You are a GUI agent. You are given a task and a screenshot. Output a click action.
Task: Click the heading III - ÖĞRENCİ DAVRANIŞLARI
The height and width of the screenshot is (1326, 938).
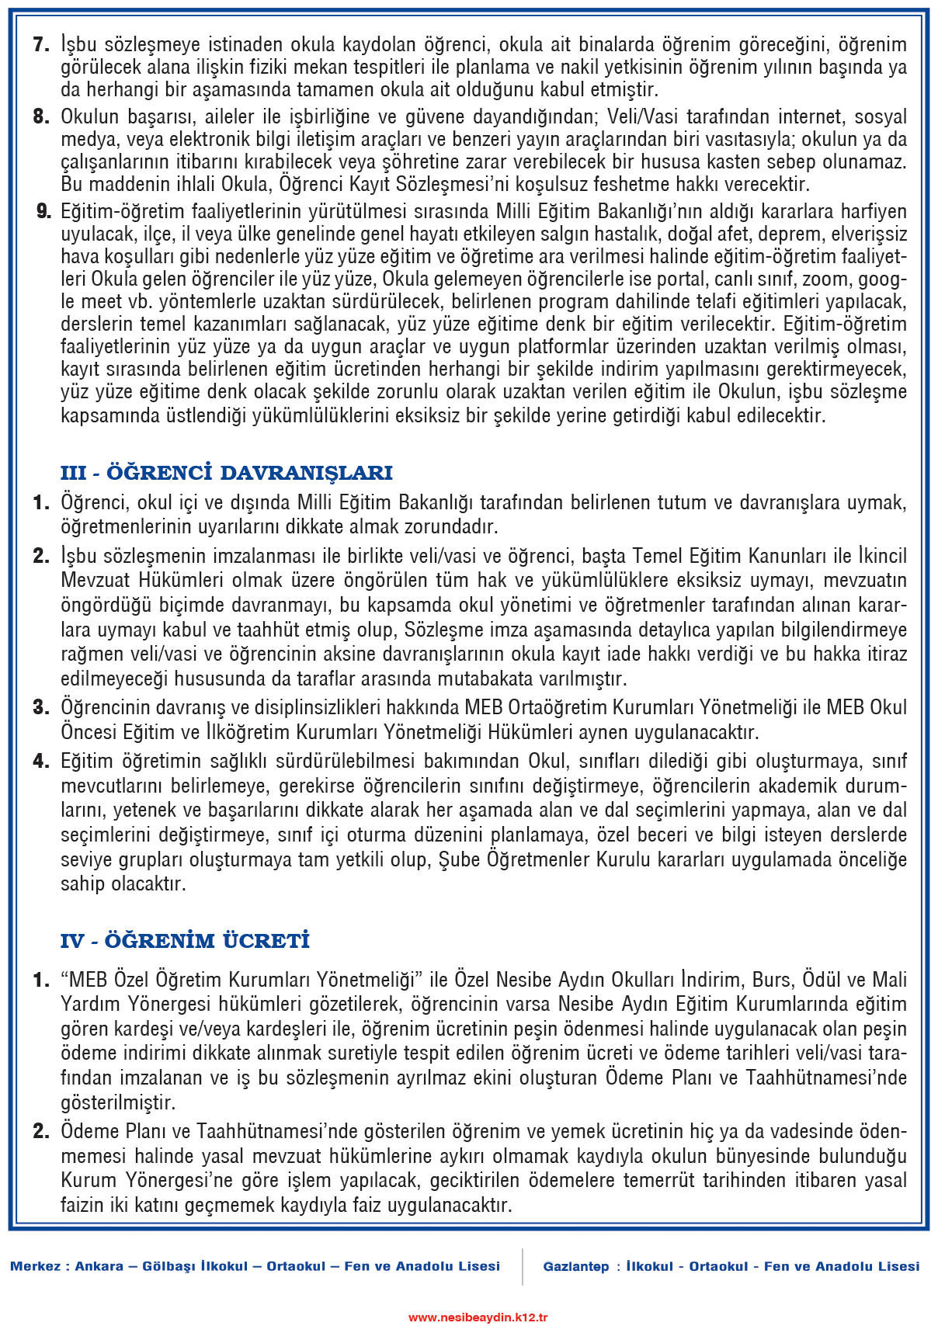[227, 473]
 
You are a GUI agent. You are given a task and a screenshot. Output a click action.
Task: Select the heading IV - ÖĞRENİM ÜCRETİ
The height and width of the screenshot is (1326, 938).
[185, 941]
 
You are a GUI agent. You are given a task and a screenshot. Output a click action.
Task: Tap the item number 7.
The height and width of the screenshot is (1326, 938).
[41, 44]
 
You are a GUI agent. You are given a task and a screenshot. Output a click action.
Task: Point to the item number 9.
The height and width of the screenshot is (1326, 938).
[43, 211]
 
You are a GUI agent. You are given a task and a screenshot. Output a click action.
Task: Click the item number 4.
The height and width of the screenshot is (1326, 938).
[41, 761]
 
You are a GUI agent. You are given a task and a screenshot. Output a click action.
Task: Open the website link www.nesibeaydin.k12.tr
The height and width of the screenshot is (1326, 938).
[478, 1317]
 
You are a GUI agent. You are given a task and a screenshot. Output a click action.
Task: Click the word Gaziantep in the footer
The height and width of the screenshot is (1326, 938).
[576, 1266]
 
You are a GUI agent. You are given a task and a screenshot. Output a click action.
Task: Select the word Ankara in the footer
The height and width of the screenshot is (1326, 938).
[99, 1266]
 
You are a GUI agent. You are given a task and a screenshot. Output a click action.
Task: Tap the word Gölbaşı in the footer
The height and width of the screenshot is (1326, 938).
[168, 1266]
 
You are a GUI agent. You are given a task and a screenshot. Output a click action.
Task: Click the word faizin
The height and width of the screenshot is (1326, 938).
[85, 1205]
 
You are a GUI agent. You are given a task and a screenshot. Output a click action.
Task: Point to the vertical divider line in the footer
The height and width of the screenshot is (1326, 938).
[523, 1266]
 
